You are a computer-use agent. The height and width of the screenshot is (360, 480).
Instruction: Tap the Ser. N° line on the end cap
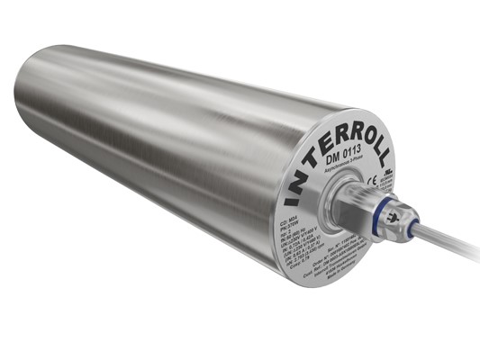(369, 242)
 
